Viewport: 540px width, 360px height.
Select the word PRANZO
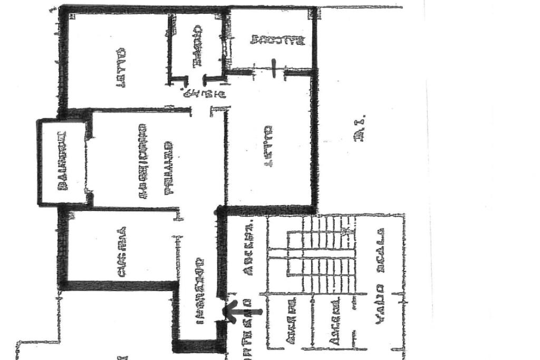coord(169,168)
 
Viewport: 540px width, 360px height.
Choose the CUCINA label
coord(121,252)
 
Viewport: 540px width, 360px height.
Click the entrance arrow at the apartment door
coord(243,312)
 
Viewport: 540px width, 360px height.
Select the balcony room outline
coord(62,162)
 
